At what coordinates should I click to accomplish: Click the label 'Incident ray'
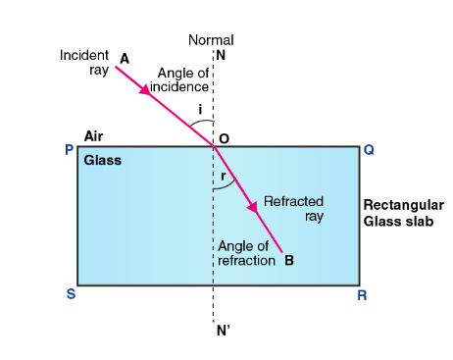pyautogui.click(x=84, y=63)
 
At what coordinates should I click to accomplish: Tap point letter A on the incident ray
pyautogui.click(x=125, y=58)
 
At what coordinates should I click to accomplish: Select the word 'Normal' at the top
pyautogui.click(x=213, y=41)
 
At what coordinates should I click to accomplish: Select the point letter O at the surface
pyautogui.click(x=225, y=139)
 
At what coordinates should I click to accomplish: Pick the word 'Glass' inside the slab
pyautogui.click(x=103, y=160)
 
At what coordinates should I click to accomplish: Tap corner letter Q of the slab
pyautogui.click(x=369, y=150)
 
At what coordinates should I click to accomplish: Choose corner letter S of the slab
pyautogui.click(x=71, y=293)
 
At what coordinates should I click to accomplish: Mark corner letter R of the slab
pyautogui.click(x=362, y=293)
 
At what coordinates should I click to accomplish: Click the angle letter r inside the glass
pyautogui.click(x=224, y=177)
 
